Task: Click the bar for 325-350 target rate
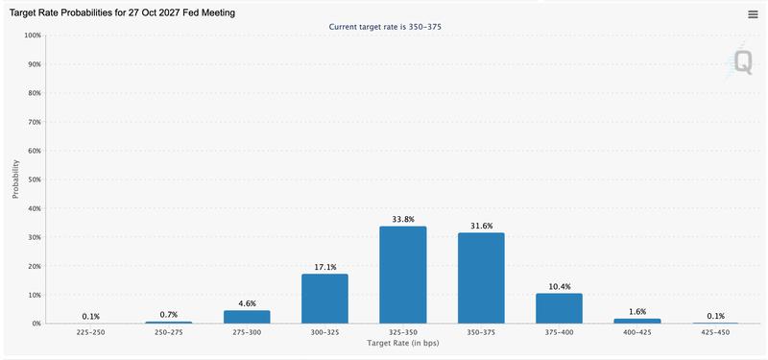pos(402,276)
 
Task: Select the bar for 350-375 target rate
pos(480,278)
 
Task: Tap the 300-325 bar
pos(324,300)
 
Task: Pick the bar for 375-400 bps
pos(559,308)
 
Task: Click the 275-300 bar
pos(247,317)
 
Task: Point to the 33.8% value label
pos(402,219)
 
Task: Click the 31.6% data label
pos(480,226)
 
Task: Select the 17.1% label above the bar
pos(324,267)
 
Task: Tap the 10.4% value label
pos(559,286)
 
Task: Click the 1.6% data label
pos(636,312)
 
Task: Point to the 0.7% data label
pos(169,314)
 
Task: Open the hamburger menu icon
pos(754,13)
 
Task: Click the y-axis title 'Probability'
pos(16,179)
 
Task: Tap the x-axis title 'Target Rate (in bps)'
pos(402,343)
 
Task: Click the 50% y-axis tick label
pos(33,180)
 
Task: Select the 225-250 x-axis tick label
pos(91,331)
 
